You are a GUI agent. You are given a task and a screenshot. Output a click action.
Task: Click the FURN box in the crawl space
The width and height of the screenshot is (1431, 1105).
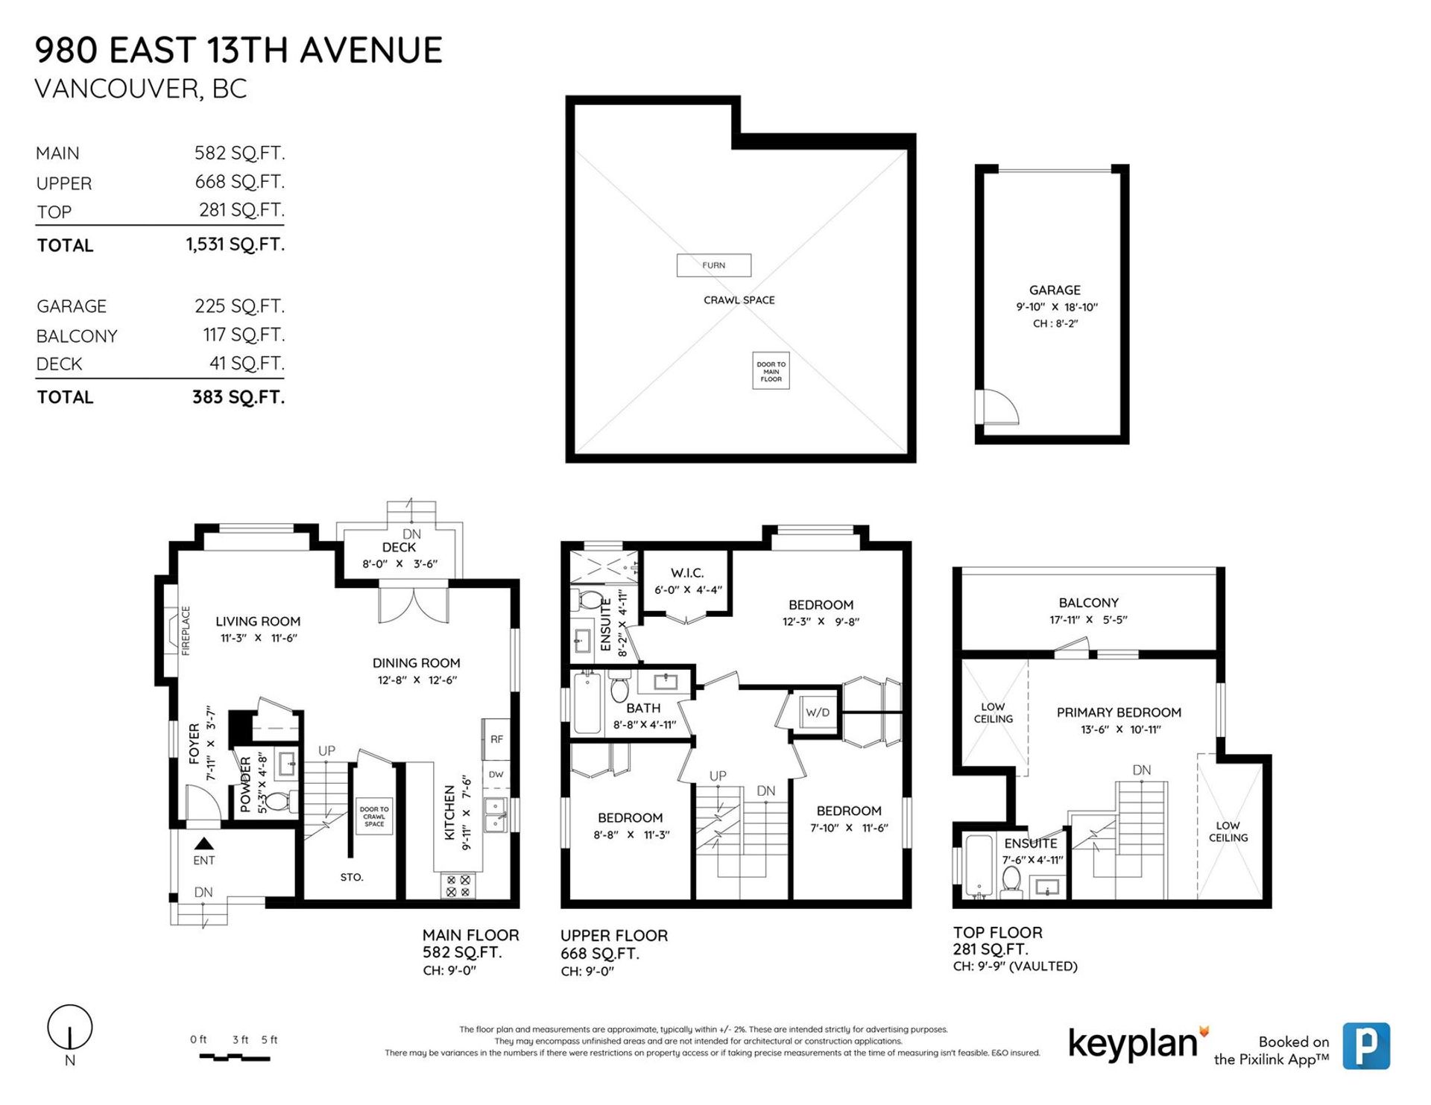point(713,265)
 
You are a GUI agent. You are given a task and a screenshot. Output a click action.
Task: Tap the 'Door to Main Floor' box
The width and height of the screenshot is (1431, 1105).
point(771,371)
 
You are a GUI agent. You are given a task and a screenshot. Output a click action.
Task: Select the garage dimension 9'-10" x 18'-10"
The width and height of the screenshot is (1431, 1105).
point(1055,307)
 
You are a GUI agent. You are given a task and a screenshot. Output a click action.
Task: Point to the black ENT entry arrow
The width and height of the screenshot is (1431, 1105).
point(203,843)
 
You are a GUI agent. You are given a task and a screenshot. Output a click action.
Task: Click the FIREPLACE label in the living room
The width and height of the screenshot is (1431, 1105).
point(186,630)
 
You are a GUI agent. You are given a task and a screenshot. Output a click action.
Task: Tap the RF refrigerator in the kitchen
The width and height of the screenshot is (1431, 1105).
point(496,739)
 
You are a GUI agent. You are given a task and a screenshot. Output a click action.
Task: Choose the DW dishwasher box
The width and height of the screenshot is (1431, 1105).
point(496,775)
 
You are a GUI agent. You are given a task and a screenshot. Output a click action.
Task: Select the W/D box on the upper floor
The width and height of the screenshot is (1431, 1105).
point(817,713)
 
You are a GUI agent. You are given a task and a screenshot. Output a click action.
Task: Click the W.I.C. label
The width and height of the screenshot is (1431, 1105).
point(686,573)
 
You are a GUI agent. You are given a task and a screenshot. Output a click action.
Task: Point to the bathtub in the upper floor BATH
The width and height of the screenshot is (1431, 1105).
point(587,701)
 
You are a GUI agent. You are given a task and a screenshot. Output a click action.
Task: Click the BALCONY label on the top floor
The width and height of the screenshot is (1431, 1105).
point(1088,603)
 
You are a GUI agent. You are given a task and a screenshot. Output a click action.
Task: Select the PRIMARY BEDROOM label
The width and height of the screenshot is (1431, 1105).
point(1119,712)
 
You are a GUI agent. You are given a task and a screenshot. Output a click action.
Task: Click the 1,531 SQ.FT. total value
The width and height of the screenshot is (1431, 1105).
point(236,244)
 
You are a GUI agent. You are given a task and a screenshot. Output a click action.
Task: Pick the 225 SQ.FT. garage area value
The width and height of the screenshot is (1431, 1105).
point(239,306)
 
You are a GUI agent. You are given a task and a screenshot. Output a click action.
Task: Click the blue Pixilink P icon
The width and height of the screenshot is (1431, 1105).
point(1366,1046)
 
